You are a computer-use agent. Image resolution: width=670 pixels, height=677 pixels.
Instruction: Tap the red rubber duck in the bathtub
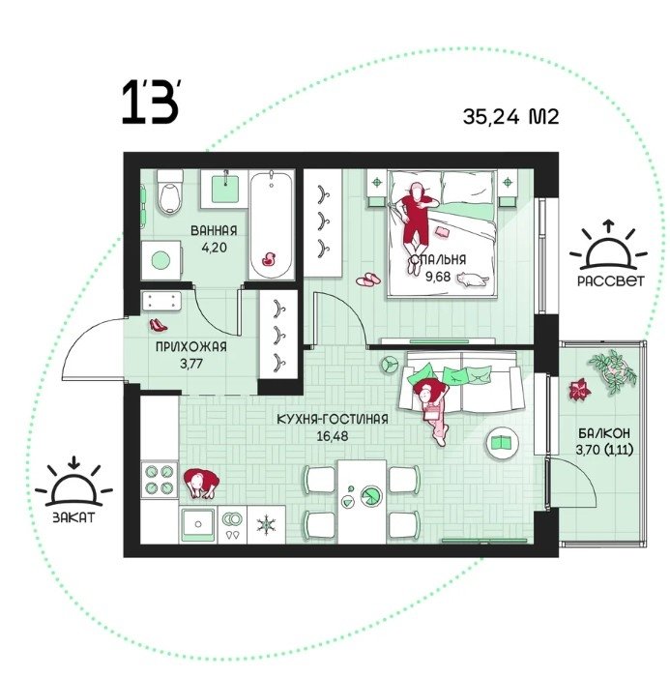(269, 258)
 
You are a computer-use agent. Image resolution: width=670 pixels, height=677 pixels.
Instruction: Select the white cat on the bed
(473, 280)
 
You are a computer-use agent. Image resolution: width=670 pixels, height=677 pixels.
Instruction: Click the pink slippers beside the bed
(368, 280)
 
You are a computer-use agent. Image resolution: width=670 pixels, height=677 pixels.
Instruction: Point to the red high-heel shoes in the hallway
(158, 325)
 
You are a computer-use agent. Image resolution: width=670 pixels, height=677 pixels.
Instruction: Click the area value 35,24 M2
(510, 116)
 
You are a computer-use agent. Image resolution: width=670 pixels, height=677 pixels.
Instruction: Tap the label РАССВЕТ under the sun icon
(610, 281)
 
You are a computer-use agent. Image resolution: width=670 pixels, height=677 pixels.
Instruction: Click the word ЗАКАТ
(73, 517)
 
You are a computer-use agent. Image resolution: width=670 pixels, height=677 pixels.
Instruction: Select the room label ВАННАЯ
(214, 230)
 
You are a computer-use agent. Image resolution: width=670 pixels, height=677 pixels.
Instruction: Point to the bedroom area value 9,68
(438, 277)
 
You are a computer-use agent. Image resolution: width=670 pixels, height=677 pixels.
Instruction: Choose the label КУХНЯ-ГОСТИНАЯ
(332, 419)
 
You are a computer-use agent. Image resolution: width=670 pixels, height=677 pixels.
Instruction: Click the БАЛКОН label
(604, 432)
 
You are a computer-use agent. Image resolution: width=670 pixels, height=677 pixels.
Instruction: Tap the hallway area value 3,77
(191, 364)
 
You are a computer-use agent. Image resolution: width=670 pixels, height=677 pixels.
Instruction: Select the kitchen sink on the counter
(198, 524)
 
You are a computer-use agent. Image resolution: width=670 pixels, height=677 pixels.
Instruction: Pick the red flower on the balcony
(579, 389)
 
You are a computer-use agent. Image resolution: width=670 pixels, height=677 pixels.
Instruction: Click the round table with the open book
(503, 442)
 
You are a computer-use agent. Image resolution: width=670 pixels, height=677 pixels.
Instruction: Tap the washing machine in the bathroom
(161, 260)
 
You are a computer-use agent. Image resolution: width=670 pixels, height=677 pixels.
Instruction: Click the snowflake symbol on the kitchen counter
(267, 524)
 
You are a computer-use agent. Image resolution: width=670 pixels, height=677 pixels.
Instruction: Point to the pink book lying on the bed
(444, 232)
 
